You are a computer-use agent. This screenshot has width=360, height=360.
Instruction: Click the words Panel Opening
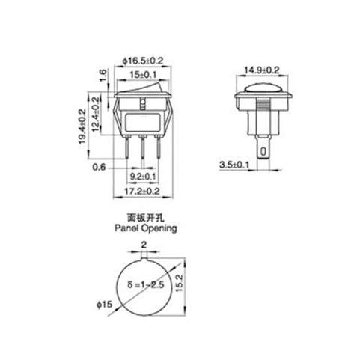tap(147, 230)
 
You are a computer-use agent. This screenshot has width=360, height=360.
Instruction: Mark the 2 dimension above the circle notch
tap(144, 244)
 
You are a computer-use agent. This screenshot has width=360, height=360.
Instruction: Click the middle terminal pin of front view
tap(144, 151)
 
